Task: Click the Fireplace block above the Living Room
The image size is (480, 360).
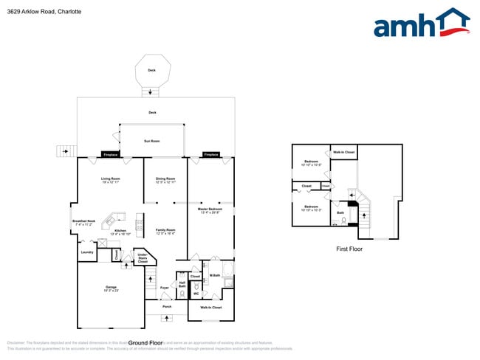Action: pos(111,155)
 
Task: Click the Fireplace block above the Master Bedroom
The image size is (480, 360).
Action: pos(211,155)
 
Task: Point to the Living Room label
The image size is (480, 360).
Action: pos(111,179)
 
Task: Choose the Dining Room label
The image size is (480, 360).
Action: pos(165,179)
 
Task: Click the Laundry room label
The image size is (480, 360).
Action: pos(86,252)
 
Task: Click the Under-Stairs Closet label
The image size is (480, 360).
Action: pos(142,258)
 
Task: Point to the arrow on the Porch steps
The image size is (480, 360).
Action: pos(165,316)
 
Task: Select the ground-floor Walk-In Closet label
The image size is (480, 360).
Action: pos(211,307)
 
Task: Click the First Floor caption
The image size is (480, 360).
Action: pos(349,249)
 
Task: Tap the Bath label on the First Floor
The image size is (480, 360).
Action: pos(340,213)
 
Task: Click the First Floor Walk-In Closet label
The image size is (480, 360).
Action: pos(344,152)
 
